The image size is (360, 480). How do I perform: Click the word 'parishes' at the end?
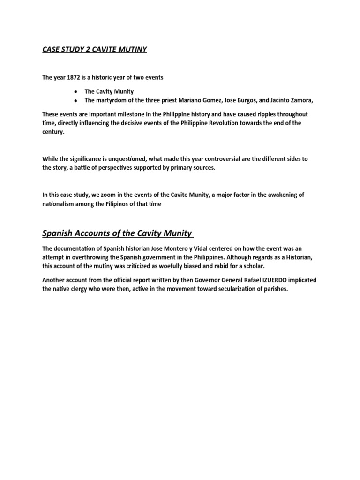pos(272,289)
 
